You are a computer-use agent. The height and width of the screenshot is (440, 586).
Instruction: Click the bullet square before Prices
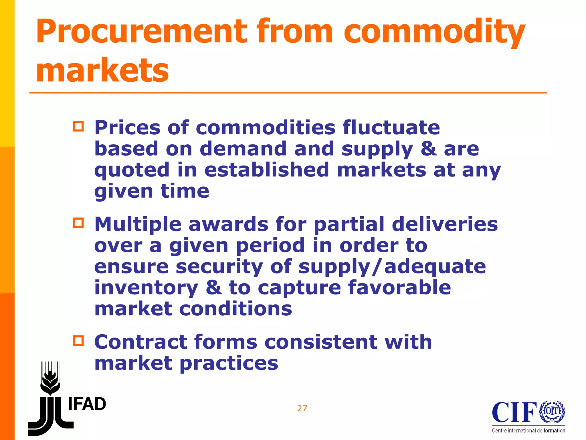coord(78,126)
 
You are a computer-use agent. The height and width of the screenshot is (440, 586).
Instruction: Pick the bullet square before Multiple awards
coord(78,223)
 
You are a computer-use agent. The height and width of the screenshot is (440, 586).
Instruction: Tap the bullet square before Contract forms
coord(78,341)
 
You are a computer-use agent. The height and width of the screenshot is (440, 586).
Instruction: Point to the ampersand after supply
coord(428,149)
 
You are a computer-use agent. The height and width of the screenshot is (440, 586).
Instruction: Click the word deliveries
coord(445,224)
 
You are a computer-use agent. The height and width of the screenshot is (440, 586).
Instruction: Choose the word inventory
coord(146,288)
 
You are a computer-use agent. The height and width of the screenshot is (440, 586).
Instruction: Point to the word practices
coord(229,363)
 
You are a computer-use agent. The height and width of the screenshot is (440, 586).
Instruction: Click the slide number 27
coord(302,408)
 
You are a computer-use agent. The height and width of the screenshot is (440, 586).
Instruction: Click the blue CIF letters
coord(514,412)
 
